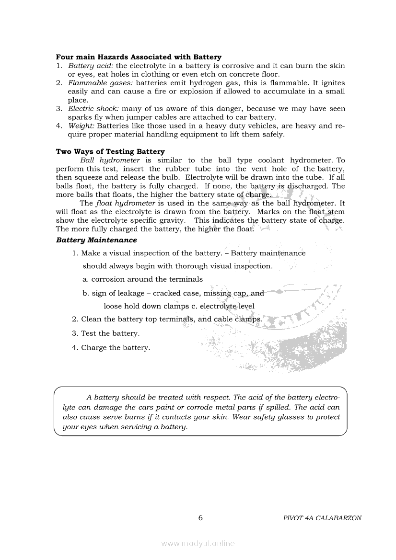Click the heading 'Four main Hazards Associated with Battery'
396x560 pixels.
pyautogui.click(x=139, y=57)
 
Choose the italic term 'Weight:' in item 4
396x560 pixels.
pyautogui.click(x=81, y=126)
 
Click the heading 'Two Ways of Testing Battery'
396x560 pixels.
pyautogui.click(x=110, y=152)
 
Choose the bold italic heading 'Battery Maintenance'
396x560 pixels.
pyautogui.click(x=96, y=240)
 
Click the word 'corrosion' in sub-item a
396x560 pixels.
pyautogui.click(x=108, y=279)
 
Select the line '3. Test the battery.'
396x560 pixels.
pyautogui.click(x=105, y=333)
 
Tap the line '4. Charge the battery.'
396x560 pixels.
pyautogui.click(x=111, y=348)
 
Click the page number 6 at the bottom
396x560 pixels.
pyautogui.click(x=200, y=518)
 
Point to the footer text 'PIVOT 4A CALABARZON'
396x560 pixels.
pyautogui.click(x=322, y=518)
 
